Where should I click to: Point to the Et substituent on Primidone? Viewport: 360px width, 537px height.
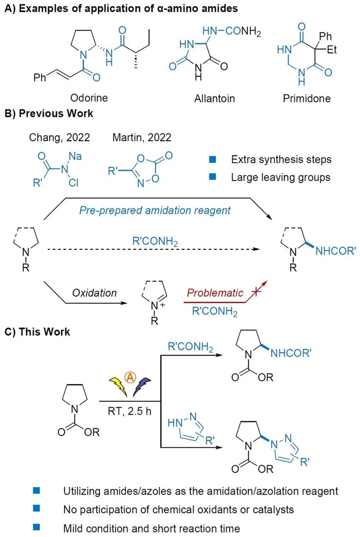click(332, 50)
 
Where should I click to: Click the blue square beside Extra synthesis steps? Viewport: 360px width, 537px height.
click(213, 159)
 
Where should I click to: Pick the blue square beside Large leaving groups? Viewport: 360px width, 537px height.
click(213, 177)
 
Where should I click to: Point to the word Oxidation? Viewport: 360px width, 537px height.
click(94, 293)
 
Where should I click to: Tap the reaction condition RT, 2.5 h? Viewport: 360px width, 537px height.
click(130, 412)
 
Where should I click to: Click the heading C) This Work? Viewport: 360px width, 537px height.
click(37, 332)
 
